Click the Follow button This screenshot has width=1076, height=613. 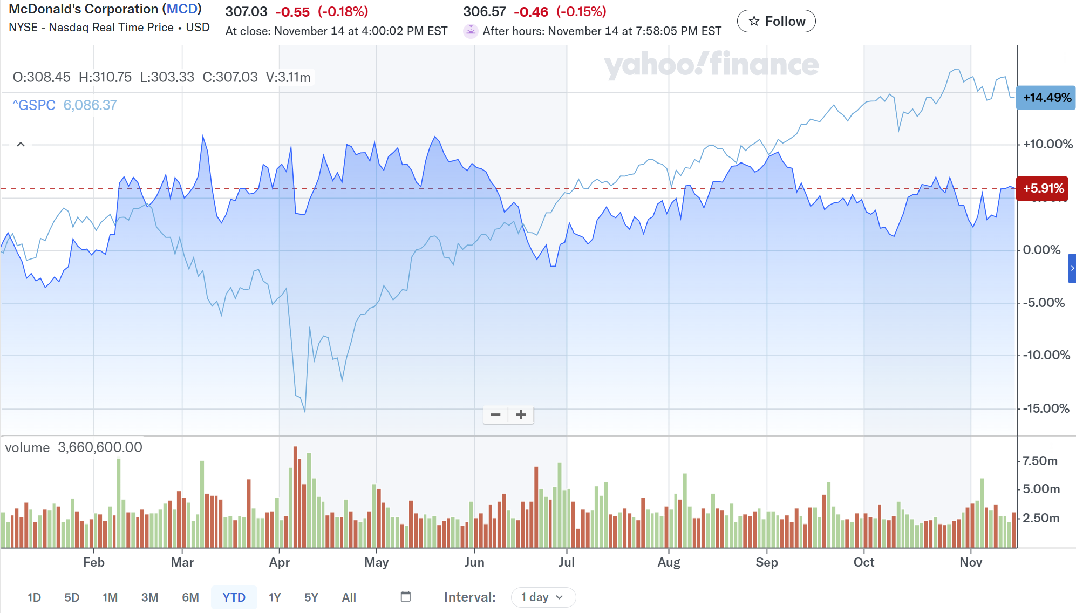click(x=776, y=21)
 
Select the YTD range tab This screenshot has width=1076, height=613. click(x=234, y=597)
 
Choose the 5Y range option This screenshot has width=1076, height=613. click(x=311, y=597)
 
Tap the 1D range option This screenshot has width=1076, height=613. click(x=34, y=597)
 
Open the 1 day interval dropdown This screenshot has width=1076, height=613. click(x=542, y=597)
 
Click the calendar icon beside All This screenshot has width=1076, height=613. click(x=406, y=597)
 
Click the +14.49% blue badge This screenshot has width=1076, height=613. click(x=1046, y=98)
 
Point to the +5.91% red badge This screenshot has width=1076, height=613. click(x=1043, y=188)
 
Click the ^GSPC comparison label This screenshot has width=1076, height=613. click(x=34, y=105)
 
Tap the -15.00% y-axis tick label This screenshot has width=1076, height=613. click(x=1046, y=408)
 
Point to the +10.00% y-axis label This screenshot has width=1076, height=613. click(x=1047, y=144)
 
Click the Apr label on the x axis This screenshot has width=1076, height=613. click(x=279, y=562)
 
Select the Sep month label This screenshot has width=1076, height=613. click(x=766, y=562)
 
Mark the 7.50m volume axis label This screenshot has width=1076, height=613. click(x=1040, y=461)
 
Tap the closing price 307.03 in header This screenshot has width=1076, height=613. click(x=246, y=11)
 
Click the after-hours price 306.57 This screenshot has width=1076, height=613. click(x=484, y=11)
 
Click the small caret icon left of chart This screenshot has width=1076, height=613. click(x=21, y=144)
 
